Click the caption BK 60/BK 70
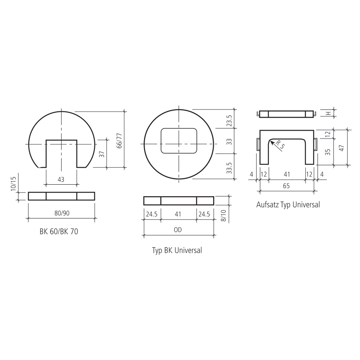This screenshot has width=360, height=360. (x=59, y=231)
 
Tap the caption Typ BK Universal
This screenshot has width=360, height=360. (x=177, y=250)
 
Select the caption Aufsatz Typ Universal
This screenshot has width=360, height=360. (x=288, y=204)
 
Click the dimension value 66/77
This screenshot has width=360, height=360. (x=119, y=140)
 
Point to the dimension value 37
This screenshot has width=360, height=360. (x=103, y=154)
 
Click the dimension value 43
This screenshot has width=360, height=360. (x=61, y=179)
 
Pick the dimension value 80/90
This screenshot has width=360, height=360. (x=62, y=213)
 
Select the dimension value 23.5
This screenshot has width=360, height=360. (x=229, y=121)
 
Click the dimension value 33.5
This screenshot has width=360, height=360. (x=229, y=168)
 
